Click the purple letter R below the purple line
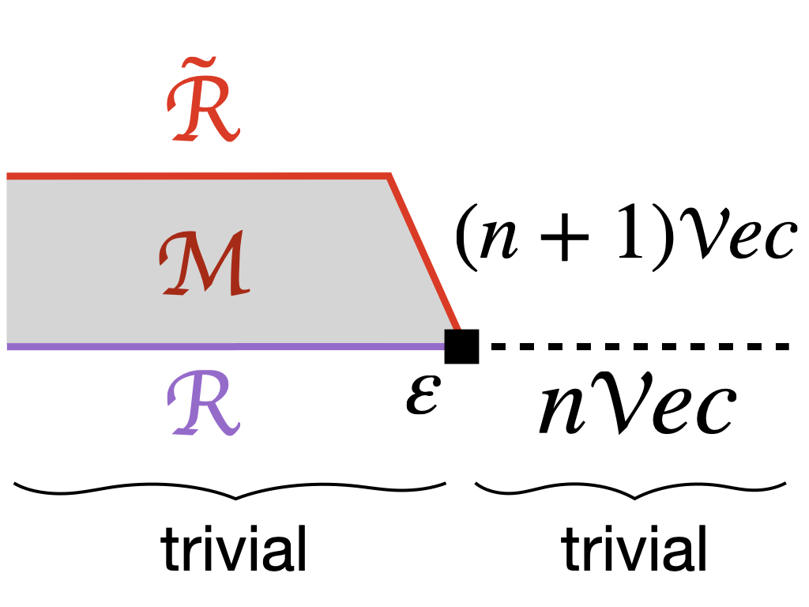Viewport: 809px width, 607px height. click(205, 403)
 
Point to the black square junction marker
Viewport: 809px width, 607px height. click(461, 346)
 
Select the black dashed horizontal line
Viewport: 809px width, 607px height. click(640, 346)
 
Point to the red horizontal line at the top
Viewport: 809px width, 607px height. click(198, 175)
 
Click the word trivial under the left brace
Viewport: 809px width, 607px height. click(234, 549)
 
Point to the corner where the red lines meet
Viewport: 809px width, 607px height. click(390, 175)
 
